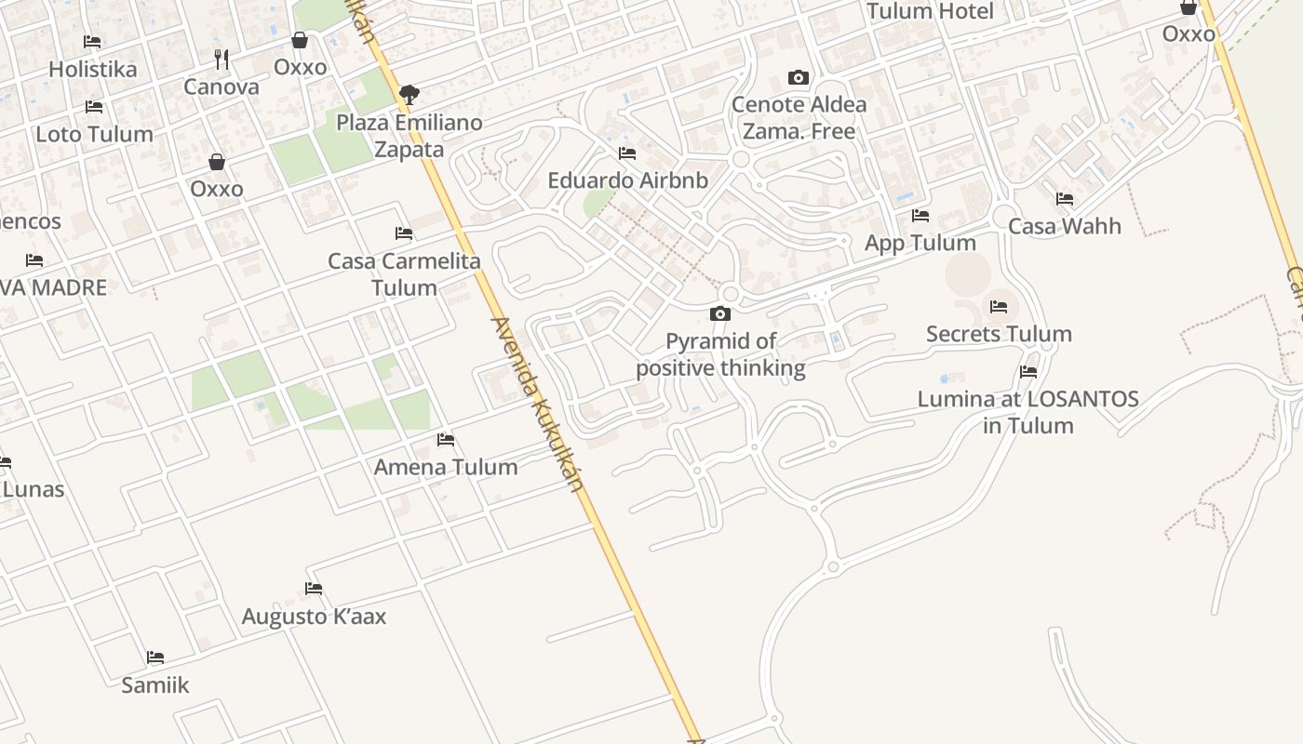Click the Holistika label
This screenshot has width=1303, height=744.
[x=92, y=69]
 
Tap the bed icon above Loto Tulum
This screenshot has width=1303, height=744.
[x=93, y=107]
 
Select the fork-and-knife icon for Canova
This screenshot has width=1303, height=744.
[x=222, y=60]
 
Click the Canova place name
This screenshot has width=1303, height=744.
[x=222, y=86]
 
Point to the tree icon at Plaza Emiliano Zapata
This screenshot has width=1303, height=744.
[x=409, y=94]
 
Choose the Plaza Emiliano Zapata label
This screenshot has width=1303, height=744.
[x=410, y=136]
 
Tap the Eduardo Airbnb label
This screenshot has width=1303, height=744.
[x=627, y=180]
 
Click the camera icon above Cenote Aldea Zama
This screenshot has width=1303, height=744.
[x=798, y=77]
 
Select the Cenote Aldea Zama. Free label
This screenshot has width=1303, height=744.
[x=799, y=118]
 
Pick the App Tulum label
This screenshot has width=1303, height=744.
[x=920, y=243]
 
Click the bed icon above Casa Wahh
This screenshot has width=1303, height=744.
[x=1065, y=199]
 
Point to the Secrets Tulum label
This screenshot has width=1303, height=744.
[x=999, y=334]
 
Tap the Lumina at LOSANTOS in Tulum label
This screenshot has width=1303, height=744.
[x=1028, y=412]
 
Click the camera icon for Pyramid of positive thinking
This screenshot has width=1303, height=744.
[x=720, y=314]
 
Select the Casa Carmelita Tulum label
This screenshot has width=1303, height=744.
[x=404, y=273]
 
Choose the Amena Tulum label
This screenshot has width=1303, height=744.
[x=446, y=467]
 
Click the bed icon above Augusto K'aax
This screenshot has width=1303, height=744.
[x=314, y=589]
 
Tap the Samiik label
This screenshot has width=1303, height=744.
[x=155, y=685]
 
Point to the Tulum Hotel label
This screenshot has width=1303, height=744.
[x=931, y=11]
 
